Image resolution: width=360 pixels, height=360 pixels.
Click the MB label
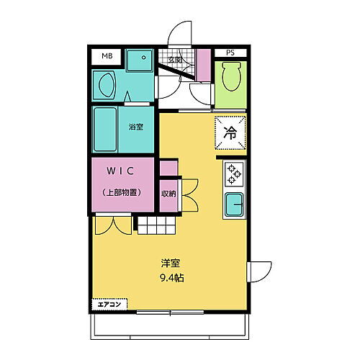click(107, 55)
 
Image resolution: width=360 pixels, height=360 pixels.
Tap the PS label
click(230, 53)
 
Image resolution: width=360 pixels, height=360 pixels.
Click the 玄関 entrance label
click(175, 60)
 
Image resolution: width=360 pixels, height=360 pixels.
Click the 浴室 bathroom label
click(135, 127)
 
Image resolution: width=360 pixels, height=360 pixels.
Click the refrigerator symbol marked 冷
click(230, 132)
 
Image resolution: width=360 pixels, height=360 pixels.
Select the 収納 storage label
click(168, 193)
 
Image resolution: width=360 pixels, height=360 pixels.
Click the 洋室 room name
click(170, 262)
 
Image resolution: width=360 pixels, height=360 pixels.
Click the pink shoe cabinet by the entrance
click(204, 63)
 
